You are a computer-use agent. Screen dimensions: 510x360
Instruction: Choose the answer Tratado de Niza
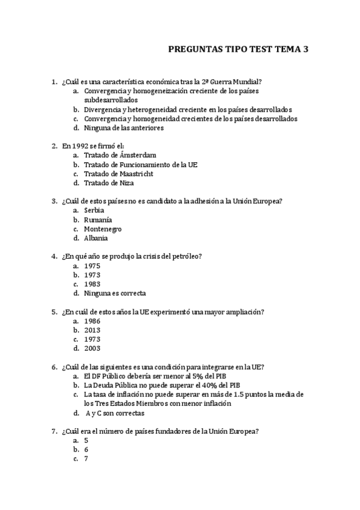[x=109, y=183]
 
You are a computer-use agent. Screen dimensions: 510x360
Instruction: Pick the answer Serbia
[x=94, y=210]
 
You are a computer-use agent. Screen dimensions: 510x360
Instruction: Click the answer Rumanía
[x=98, y=220]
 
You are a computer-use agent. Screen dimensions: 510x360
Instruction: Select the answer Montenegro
[x=103, y=229]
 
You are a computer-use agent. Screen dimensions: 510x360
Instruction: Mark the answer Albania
[x=96, y=238]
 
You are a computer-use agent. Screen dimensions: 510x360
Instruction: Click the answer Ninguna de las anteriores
[x=124, y=127]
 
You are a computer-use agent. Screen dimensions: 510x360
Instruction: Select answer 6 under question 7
[x=87, y=449]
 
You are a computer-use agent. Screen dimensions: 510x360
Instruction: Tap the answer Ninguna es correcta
[x=115, y=293]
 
